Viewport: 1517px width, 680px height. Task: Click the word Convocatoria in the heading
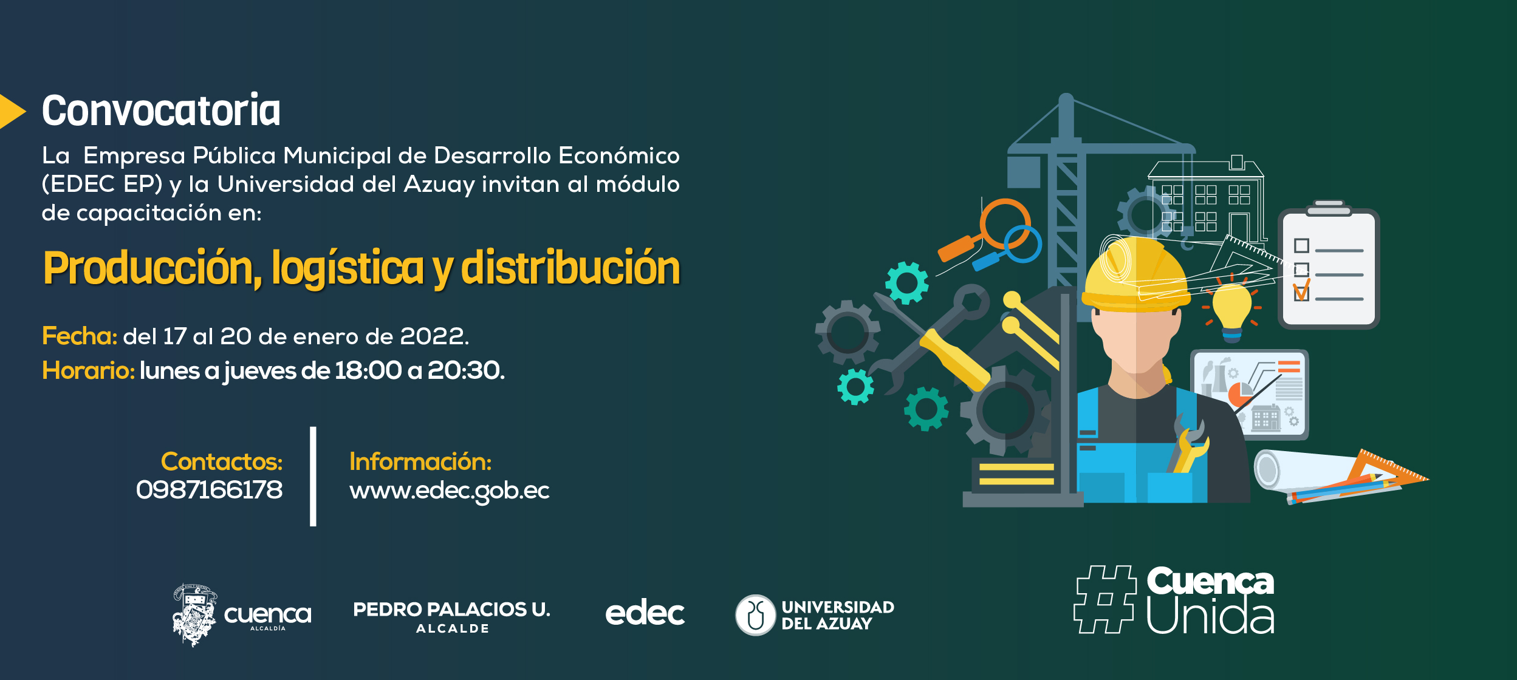click(x=161, y=110)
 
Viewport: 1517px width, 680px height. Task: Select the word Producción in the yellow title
click(x=152, y=268)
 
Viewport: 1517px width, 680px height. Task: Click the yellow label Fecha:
click(x=80, y=336)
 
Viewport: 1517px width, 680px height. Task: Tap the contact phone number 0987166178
click(x=210, y=490)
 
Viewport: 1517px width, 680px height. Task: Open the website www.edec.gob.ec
click(x=450, y=491)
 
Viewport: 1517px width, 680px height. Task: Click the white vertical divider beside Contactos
click(x=313, y=477)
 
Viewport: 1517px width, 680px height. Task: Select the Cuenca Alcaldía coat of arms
click(x=194, y=615)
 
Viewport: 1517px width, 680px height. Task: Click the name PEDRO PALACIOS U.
click(x=451, y=610)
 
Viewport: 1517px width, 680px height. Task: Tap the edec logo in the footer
click(x=645, y=613)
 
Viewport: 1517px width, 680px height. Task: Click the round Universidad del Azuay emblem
click(x=755, y=615)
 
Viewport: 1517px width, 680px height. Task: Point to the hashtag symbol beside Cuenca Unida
click(x=1104, y=600)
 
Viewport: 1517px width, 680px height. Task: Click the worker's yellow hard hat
click(x=1135, y=274)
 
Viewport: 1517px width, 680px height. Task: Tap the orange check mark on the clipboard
click(x=1302, y=290)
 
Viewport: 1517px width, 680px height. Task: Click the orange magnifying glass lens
click(x=1005, y=223)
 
